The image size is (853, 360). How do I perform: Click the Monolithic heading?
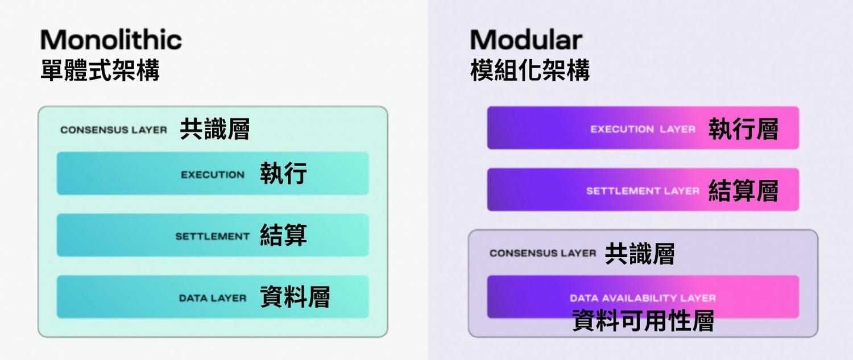click(x=111, y=40)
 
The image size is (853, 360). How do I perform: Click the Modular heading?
click(x=526, y=40)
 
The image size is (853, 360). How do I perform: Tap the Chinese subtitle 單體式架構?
click(x=100, y=71)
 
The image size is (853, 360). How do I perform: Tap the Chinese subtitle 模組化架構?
click(x=529, y=71)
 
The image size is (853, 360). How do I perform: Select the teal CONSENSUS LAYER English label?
click(x=114, y=130)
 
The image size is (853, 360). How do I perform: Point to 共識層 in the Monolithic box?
click(x=215, y=130)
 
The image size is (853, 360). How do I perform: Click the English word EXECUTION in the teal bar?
click(x=213, y=175)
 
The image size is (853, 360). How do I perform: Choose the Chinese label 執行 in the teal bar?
click(x=284, y=173)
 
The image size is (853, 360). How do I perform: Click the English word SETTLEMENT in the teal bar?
click(x=212, y=236)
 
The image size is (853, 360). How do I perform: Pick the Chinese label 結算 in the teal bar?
click(x=284, y=235)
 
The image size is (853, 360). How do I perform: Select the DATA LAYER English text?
click(x=213, y=298)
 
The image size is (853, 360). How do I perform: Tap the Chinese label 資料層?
click(x=295, y=297)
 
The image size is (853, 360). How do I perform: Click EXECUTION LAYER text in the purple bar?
click(x=643, y=129)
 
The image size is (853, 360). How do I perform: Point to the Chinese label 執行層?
click(x=743, y=129)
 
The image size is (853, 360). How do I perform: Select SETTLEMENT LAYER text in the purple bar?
click(x=643, y=191)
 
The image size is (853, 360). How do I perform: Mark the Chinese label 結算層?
click(x=743, y=191)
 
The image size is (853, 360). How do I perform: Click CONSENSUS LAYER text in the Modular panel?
click(x=543, y=253)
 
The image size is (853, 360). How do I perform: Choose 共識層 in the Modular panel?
click(x=639, y=254)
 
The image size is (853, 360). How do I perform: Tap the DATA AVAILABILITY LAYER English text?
click(x=643, y=298)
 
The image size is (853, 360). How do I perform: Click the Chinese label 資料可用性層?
click(x=643, y=321)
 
